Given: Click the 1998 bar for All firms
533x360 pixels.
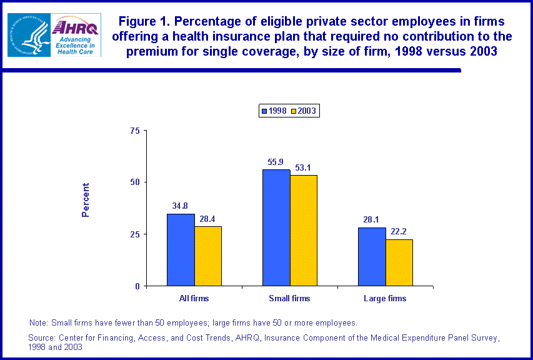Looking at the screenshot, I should [x=181, y=250].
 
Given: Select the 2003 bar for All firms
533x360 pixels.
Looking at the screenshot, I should [x=208, y=256].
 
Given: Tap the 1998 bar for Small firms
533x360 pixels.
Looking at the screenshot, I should [x=276, y=227].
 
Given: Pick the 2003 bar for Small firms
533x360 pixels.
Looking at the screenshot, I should [x=304, y=231].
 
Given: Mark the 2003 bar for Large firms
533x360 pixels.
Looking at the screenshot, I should [x=399, y=262].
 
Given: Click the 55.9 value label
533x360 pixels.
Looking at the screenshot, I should [x=276, y=161].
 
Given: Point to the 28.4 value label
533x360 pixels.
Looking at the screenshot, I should [x=208, y=218].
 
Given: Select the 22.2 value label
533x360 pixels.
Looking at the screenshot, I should [x=399, y=231].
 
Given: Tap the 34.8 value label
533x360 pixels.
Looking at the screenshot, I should [x=181, y=205].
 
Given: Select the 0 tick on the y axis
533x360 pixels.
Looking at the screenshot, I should [x=137, y=286].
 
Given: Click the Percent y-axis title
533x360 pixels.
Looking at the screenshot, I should [x=86, y=200].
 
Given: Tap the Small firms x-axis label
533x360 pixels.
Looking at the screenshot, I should [x=289, y=299].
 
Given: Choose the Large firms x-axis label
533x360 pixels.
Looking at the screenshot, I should [x=385, y=299].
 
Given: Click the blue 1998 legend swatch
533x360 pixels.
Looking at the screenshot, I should [x=265, y=111].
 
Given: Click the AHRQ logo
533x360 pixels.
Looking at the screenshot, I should [x=76, y=35].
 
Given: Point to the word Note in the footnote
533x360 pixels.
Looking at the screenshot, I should [x=37, y=323].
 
